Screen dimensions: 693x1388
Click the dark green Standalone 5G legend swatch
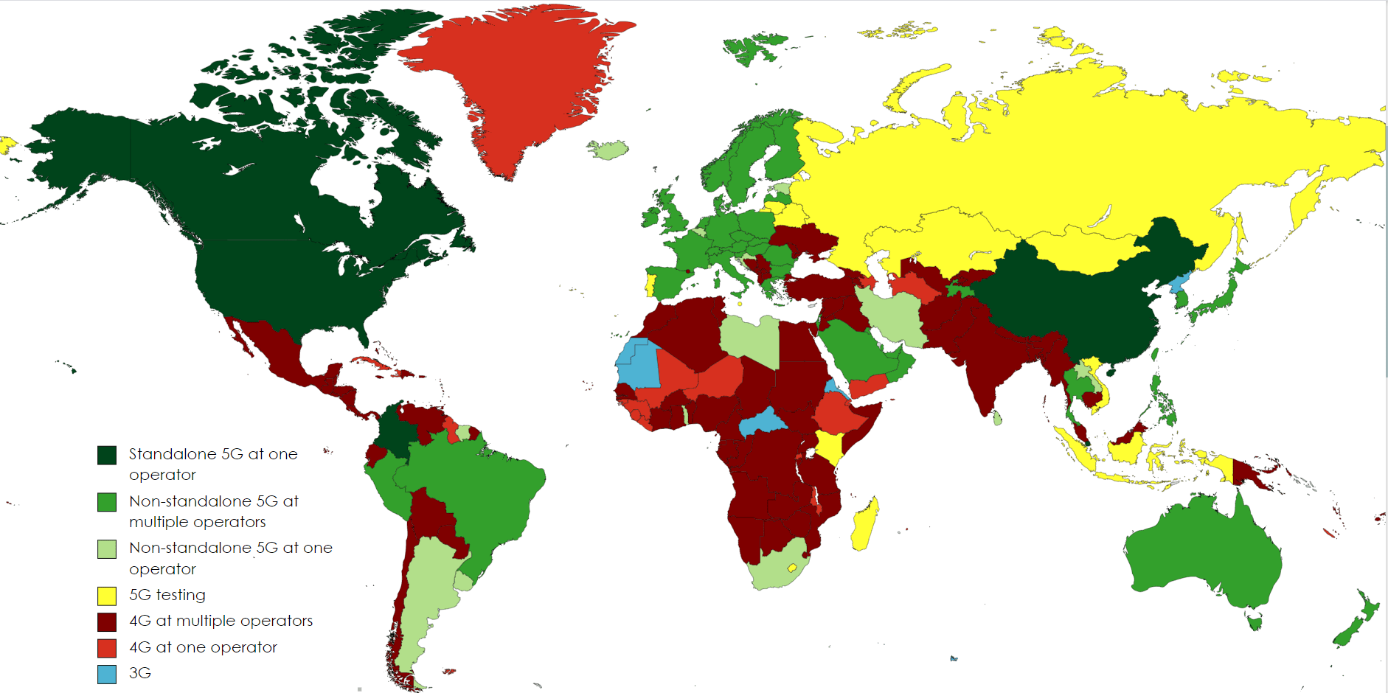click(x=107, y=455)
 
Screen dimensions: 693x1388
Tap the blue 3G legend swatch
click(x=107, y=674)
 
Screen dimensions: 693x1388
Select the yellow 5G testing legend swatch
click(x=107, y=596)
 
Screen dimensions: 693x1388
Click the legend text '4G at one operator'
click(x=203, y=647)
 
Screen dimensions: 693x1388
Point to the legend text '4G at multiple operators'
click(x=221, y=621)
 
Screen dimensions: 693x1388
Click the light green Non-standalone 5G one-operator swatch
click(x=107, y=549)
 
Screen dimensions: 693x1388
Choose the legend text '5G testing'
click(x=167, y=595)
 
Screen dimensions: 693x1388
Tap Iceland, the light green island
click(x=608, y=150)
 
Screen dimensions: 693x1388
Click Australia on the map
click(x=1202, y=553)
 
